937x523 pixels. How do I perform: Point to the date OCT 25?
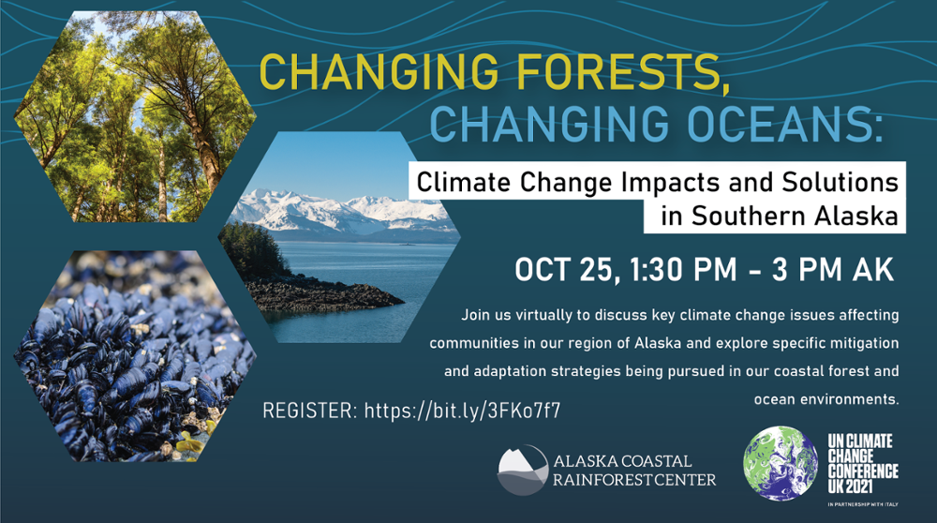[x=565, y=270]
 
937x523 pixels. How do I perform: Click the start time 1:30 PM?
[x=684, y=270]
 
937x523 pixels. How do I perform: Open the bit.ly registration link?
[x=463, y=411]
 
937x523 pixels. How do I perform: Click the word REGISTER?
[x=309, y=411]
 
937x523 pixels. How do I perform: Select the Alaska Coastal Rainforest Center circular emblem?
[x=523, y=470]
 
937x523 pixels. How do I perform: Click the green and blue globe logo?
[x=781, y=463]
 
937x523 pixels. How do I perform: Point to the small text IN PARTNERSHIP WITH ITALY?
[x=863, y=504]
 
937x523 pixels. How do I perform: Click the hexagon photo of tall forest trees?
[x=135, y=116]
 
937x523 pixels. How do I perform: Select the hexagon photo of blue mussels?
[x=135, y=356]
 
